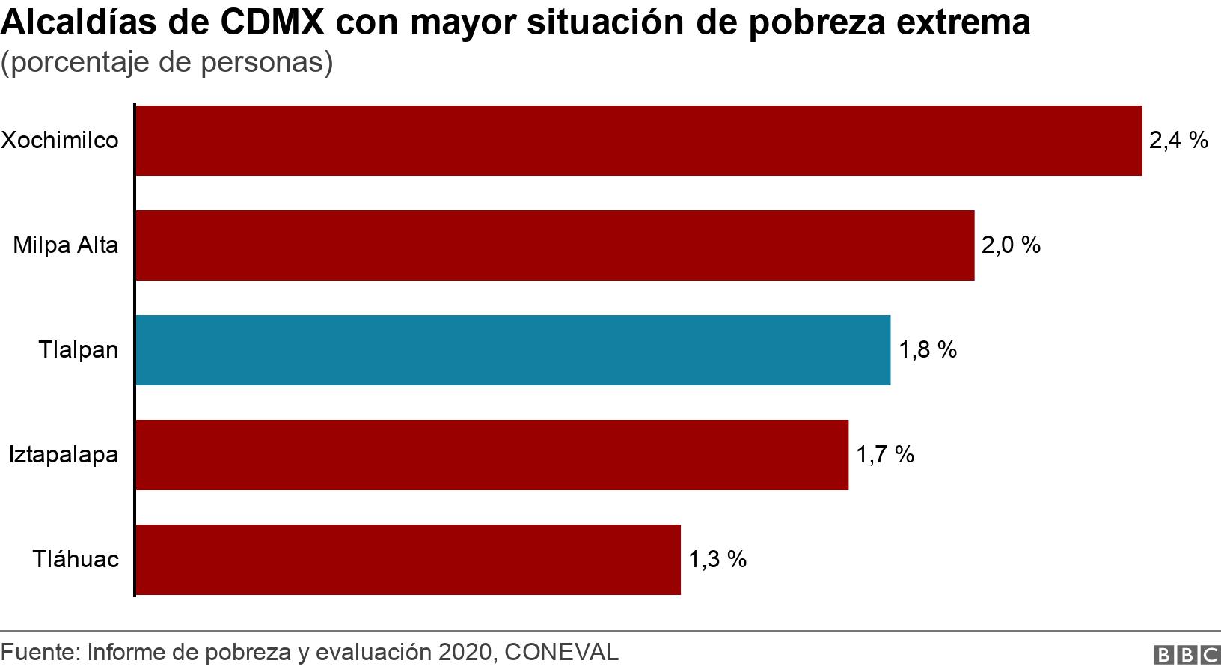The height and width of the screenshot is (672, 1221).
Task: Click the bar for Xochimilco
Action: (x=638, y=141)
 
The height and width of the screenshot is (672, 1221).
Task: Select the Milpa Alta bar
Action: (x=554, y=245)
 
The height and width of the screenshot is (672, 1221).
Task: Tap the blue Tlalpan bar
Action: (x=512, y=350)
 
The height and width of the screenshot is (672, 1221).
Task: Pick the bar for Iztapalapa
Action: (x=492, y=455)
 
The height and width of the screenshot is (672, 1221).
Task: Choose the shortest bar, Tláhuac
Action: (x=408, y=560)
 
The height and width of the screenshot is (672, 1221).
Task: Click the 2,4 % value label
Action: (x=1178, y=141)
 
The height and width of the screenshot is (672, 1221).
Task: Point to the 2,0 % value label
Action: (x=1011, y=245)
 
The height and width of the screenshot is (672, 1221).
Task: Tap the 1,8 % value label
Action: (x=927, y=350)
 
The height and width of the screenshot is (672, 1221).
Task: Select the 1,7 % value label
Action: (x=885, y=455)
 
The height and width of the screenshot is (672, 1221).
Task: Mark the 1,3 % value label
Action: (x=717, y=560)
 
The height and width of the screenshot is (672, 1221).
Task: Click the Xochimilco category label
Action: (x=60, y=141)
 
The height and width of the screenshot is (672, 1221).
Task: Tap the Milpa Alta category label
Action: (x=66, y=245)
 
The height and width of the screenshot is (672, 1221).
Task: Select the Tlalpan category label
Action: (x=79, y=350)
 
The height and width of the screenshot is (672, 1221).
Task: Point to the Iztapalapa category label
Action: (x=64, y=455)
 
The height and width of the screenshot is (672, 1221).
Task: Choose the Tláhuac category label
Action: (x=76, y=560)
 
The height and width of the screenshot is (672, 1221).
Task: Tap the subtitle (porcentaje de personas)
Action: (x=167, y=63)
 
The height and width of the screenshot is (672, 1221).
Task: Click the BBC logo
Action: (x=1186, y=655)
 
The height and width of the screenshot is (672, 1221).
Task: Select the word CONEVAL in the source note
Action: (x=562, y=653)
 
